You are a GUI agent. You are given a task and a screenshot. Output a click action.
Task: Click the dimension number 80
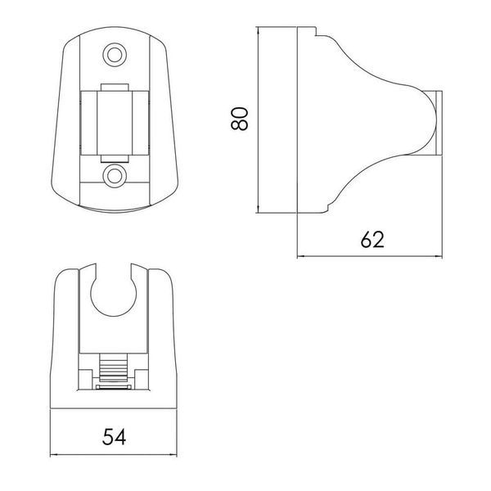coord(240,119)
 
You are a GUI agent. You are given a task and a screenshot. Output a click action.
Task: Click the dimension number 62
coord(372,240)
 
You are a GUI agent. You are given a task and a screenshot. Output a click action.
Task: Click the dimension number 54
coord(114,436)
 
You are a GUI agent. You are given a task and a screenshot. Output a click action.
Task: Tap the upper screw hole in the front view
coord(115,55)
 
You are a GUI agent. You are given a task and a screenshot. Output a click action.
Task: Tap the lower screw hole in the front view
coord(115,176)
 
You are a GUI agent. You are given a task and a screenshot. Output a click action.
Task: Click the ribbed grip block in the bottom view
coord(114,367)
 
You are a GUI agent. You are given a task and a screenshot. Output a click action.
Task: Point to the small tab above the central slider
coord(115,88)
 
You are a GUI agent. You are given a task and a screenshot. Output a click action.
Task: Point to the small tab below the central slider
coord(115,159)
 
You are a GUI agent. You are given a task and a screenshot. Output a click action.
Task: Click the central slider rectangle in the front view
coord(115,123)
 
